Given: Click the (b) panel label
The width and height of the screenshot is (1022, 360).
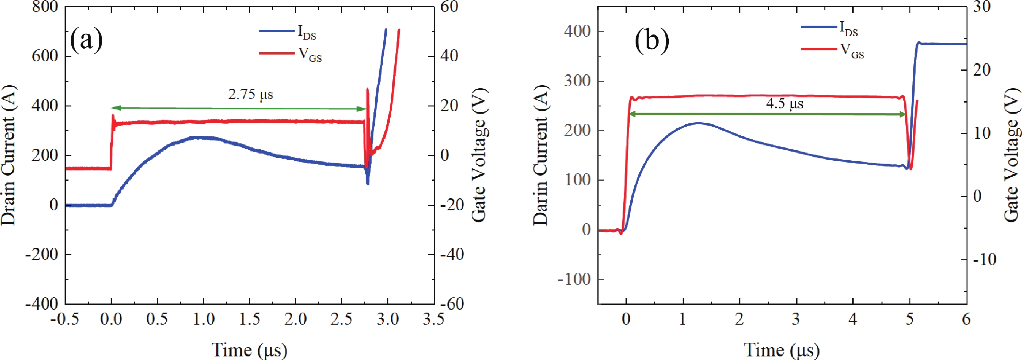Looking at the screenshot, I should (x=652, y=41).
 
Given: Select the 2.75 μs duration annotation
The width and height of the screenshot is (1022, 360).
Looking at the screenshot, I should (x=251, y=95).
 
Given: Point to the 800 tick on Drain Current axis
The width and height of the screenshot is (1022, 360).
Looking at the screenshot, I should (x=45, y=7).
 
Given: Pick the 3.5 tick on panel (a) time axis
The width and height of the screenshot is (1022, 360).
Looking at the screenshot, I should (x=433, y=319).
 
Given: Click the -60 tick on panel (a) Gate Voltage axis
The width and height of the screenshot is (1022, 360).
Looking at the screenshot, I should (x=452, y=304).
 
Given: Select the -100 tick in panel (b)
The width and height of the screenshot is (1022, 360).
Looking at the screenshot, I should (x=574, y=279).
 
